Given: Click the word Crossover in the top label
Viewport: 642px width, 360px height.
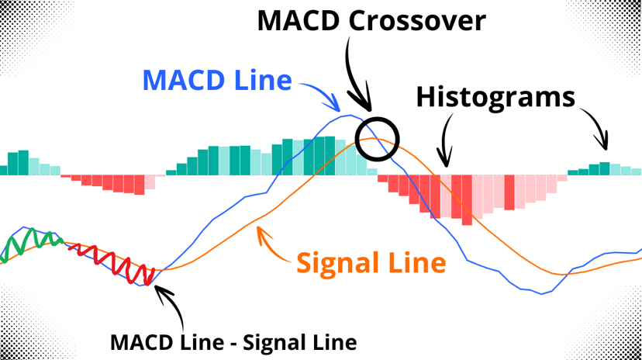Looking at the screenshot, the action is pyautogui.click(x=417, y=20).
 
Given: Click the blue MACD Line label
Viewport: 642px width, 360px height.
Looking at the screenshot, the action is pyautogui.click(x=217, y=80).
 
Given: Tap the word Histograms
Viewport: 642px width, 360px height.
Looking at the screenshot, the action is pyautogui.click(x=495, y=99).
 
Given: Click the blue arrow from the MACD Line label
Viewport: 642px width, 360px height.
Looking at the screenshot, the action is pyautogui.click(x=323, y=92).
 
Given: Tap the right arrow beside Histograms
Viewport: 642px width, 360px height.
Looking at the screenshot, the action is pyautogui.click(x=598, y=125).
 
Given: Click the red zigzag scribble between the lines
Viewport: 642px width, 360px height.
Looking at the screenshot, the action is pyautogui.click(x=111, y=262).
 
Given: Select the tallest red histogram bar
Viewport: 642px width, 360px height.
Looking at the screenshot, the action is pyautogui.click(x=467, y=200).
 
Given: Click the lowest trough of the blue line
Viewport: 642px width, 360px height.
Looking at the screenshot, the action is pyautogui.click(x=541, y=293).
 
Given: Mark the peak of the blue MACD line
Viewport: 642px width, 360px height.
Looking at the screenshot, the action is pyautogui.click(x=350, y=115).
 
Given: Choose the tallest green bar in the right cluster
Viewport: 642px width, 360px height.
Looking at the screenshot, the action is pyautogui.click(x=604, y=168).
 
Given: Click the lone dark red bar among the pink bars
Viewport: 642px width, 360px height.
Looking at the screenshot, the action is pyautogui.click(x=509, y=192).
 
